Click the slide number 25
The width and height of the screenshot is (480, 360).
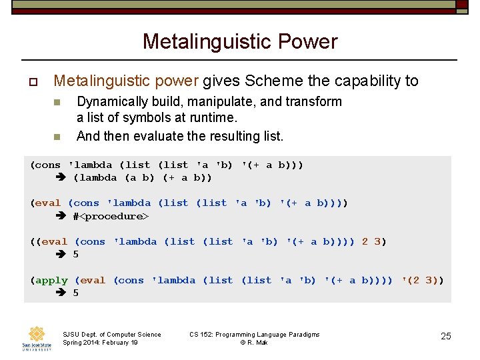(x=446, y=336)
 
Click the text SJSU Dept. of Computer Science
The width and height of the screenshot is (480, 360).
(x=111, y=335)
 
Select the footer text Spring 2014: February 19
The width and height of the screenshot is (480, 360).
(x=100, y=343)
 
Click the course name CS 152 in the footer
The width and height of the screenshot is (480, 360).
(x=203, y=335)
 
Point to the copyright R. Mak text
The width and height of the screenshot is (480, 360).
(x=254, y=343)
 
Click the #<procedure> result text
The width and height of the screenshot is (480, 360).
(x=111, y=216)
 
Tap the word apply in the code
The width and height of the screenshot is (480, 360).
(x=52, y=280)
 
